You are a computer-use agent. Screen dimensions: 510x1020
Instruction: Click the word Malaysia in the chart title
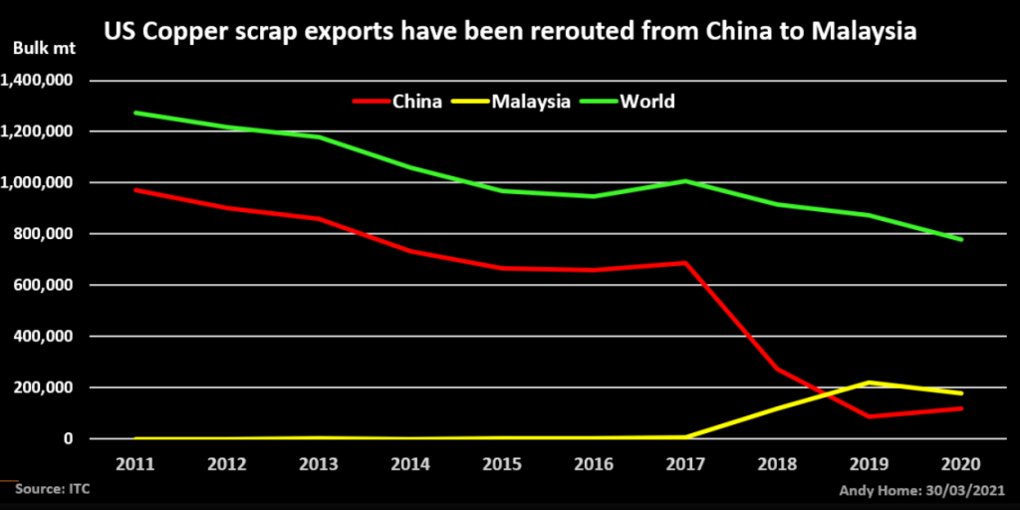pos(864,31)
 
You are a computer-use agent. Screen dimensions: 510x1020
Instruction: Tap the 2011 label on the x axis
pos(133,463)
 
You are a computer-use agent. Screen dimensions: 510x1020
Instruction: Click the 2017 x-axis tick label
pos(686,463)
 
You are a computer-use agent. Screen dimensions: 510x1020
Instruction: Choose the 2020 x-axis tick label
pos(962,463)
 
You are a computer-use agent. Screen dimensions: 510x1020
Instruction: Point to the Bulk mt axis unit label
pos(35,48)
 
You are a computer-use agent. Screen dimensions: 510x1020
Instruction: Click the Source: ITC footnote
pos(48,491)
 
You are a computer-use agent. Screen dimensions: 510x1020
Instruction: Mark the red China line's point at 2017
pos(686,263)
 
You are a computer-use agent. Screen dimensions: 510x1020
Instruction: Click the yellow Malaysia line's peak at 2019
pos(870,382)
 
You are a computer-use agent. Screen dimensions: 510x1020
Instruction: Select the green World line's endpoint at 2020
pos(962,240)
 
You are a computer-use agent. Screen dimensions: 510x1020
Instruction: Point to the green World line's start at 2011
pos(133,113)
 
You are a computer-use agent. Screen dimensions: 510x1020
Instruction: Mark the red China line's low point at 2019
pos(870,416)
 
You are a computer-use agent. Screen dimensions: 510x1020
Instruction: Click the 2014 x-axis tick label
pos(409,463)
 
